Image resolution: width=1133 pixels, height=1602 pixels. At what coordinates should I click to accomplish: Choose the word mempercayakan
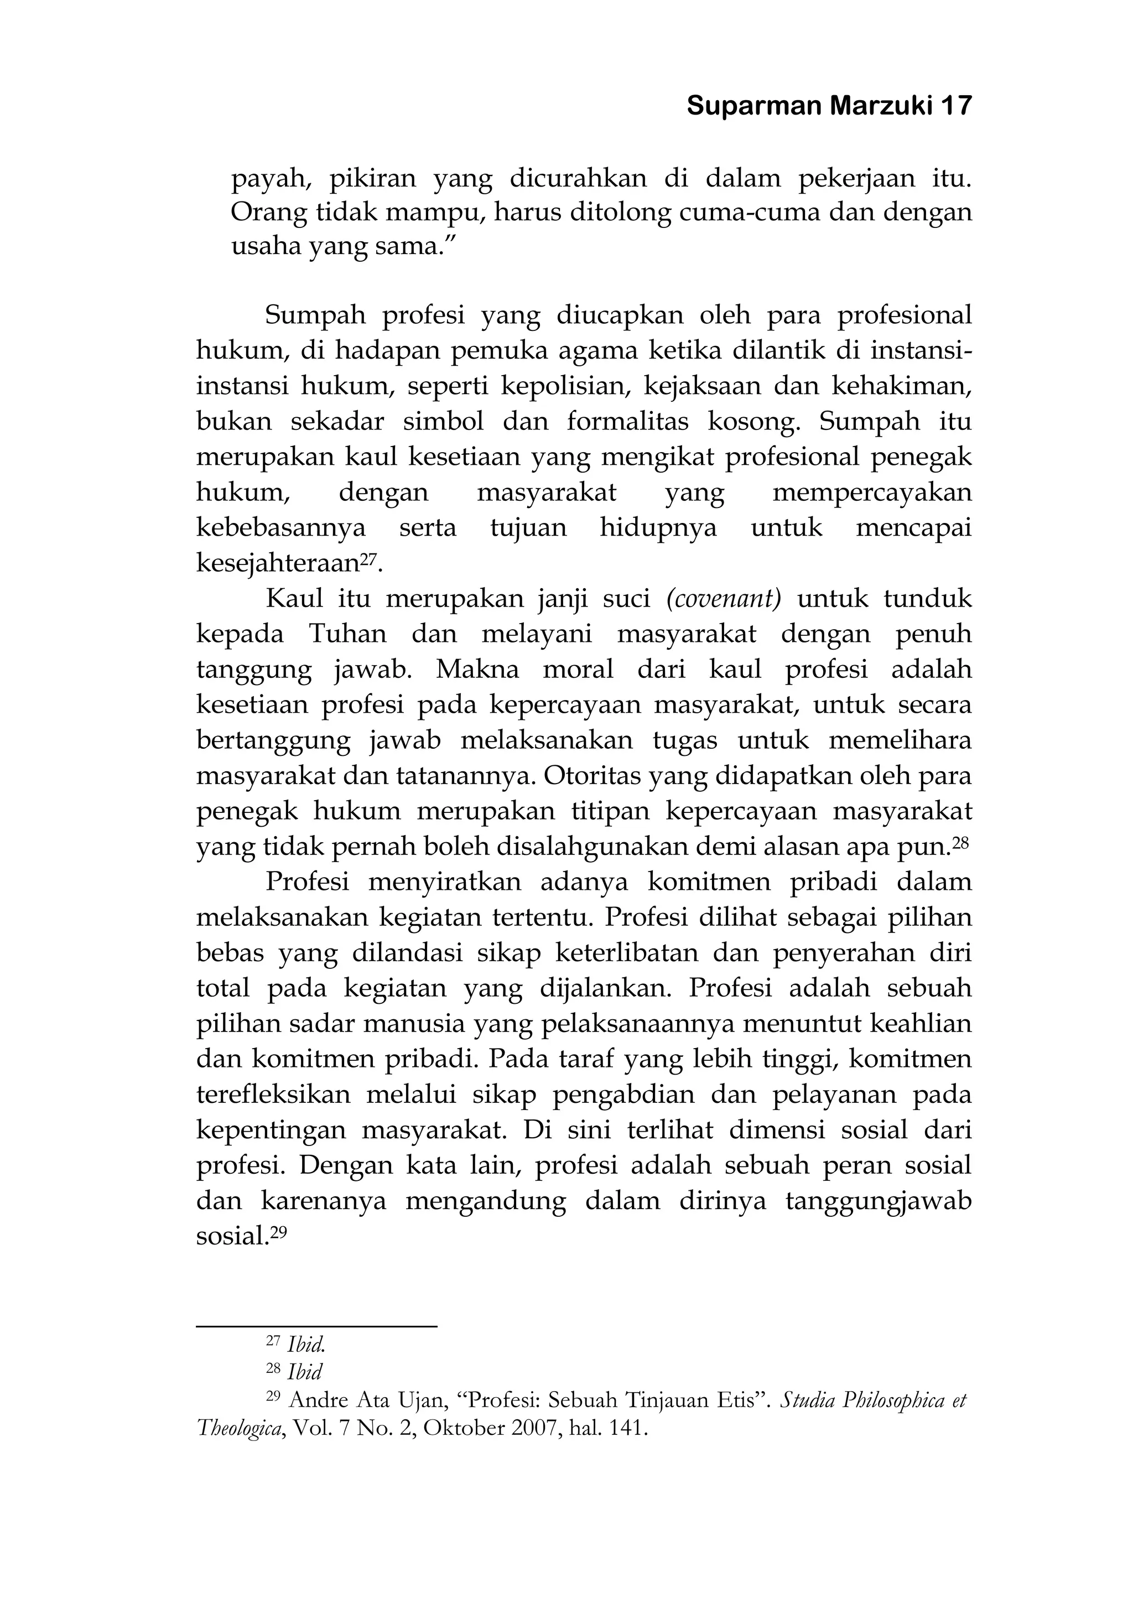coord(872,492)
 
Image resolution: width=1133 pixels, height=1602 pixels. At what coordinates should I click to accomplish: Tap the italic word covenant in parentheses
coord(724,599)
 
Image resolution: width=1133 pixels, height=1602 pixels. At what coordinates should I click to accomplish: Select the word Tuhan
coord(347,634)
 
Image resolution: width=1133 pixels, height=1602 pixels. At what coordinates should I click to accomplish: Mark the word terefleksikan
coord(273,1095)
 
